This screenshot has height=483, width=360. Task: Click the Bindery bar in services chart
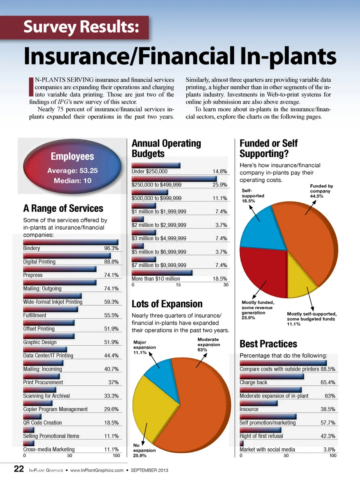pos(70,242)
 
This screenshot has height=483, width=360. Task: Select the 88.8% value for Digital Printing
pos(111,262)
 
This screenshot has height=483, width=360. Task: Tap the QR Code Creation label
pos(42,423)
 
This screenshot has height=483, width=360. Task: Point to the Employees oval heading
pos(72,156)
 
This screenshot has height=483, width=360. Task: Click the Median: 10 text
pos(72,181)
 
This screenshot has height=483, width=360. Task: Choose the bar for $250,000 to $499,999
pos(174,179)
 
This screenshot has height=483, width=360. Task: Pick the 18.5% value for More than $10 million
pos(220,278)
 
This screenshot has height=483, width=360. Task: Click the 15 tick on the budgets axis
pos(178,285)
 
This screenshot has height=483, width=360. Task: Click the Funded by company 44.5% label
pos(321,191)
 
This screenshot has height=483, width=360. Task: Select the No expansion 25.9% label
pos(144,450)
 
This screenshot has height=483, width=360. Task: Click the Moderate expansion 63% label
pos(208,345)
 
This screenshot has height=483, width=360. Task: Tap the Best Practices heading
pos(268,344)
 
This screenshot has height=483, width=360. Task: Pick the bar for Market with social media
pos(241,443)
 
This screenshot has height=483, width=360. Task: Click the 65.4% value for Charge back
pos(328,382)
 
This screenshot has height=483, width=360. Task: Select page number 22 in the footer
pos(19,469)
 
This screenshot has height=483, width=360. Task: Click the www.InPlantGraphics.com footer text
pos(97,470)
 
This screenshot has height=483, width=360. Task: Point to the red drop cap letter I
pos(31,87)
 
